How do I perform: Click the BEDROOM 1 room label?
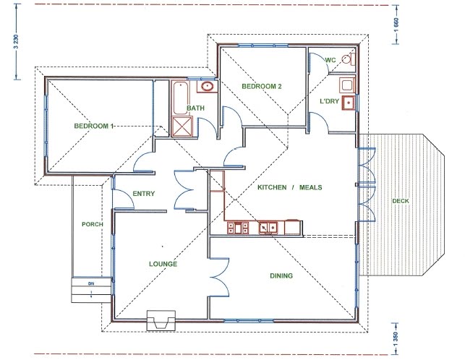click(94, 126)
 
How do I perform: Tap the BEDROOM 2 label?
click(262, 87)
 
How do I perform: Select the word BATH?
click(196, 108)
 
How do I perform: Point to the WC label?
click(330, 60)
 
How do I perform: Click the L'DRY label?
click(329, 101)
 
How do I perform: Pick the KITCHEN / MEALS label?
click(290, 187)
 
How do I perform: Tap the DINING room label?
click(281, 275)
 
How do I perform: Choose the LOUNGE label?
click(163, 264)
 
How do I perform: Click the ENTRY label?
click(144, 194)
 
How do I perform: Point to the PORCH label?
click(93, 224)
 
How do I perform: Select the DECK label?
click(401, 201)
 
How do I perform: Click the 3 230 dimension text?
click(17, 42)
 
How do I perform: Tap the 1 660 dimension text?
click(397, 25)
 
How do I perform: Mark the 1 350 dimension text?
click(396, 338)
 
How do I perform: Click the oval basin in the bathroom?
click(207, 86)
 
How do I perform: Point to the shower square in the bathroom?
click(182, 127)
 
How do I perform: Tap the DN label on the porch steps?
click(91, 283)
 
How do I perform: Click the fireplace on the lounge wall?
click(161, 320)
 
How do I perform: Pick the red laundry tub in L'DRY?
click(349, 103)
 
